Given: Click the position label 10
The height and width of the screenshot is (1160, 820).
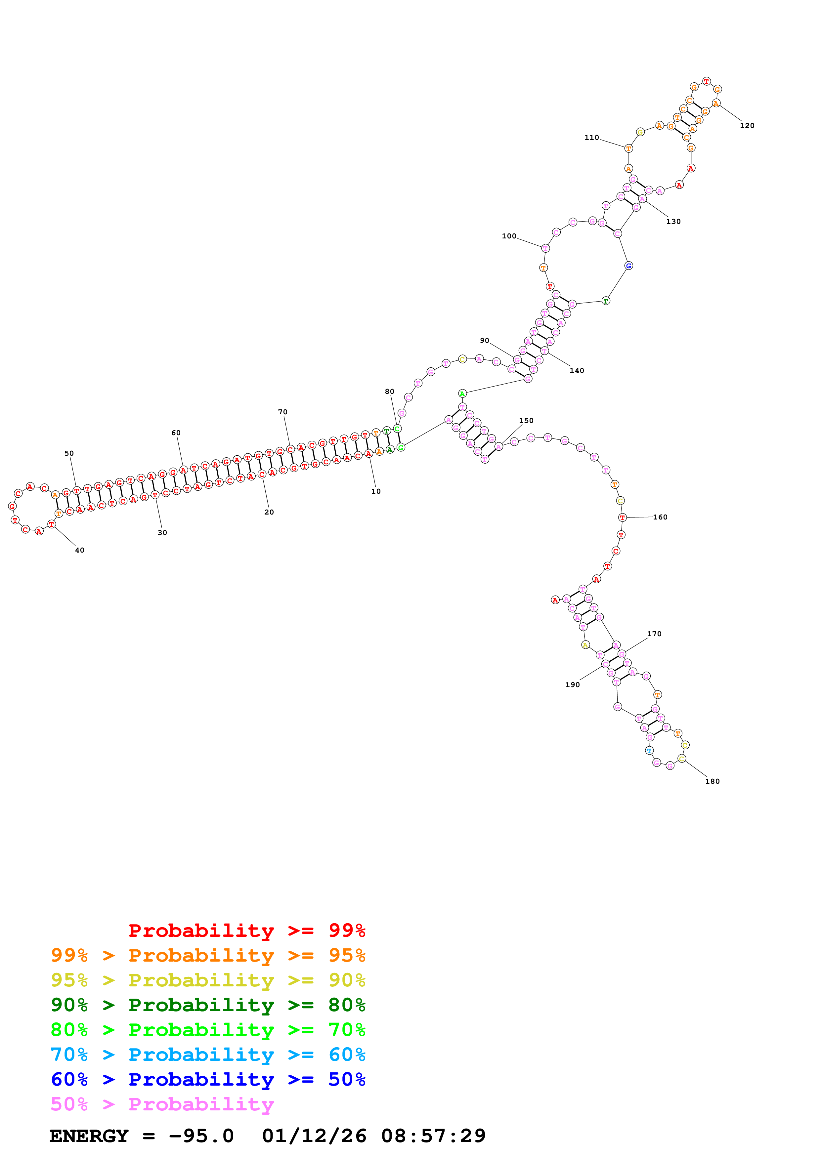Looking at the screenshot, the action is click(x=376, y=491).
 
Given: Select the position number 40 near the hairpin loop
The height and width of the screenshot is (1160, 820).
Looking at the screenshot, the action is click(x=80, y=550).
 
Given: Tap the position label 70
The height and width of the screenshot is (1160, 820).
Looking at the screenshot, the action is click(x=283, y=412).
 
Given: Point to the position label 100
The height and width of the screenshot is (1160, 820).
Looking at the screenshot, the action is click(x=509, y=236).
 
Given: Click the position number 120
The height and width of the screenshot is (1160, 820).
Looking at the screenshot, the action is click(x=747, y=125).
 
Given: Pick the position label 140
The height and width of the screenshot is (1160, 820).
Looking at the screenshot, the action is click(x=577, y=370).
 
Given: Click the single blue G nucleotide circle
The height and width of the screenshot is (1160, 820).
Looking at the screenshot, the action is click(x=628, y=266).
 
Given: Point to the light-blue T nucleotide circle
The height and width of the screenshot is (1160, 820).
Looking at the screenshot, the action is click(x=649, y=751).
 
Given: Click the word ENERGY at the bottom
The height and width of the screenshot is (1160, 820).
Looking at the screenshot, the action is click(x=89, y=1136).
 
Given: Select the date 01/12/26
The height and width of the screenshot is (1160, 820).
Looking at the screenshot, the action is click(x=314, y=1136).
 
